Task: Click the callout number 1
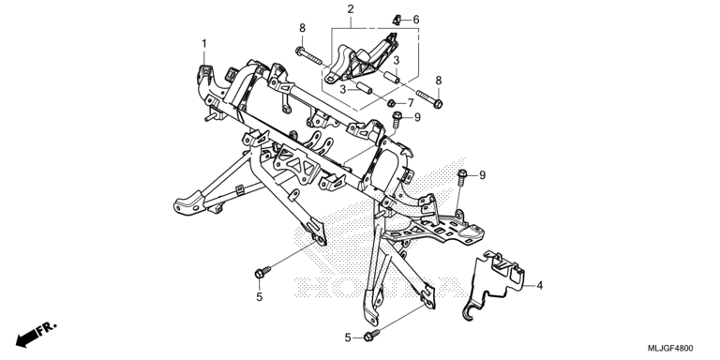click(x=203, y=44)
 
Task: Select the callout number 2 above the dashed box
click(x=351, y=8)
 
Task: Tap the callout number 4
click(x=540, y=285)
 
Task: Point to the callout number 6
click(x=416, y=20)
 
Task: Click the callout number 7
click(x=411, y=102)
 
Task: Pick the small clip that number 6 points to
click(x=397, y=20)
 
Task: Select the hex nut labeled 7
click(x=391, y=103)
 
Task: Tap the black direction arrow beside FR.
click(x=26, y=338)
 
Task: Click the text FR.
click(x=47, y=328)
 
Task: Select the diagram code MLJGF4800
click(x=670, y=348)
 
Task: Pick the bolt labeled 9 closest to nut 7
click(x=396, y=119)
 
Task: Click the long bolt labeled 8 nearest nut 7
click(x=429, y=99)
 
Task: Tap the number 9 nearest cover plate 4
click(x=482, y=175)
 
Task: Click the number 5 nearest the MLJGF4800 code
click(x=348, y=338)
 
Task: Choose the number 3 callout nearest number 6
click(x=396, y=60)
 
